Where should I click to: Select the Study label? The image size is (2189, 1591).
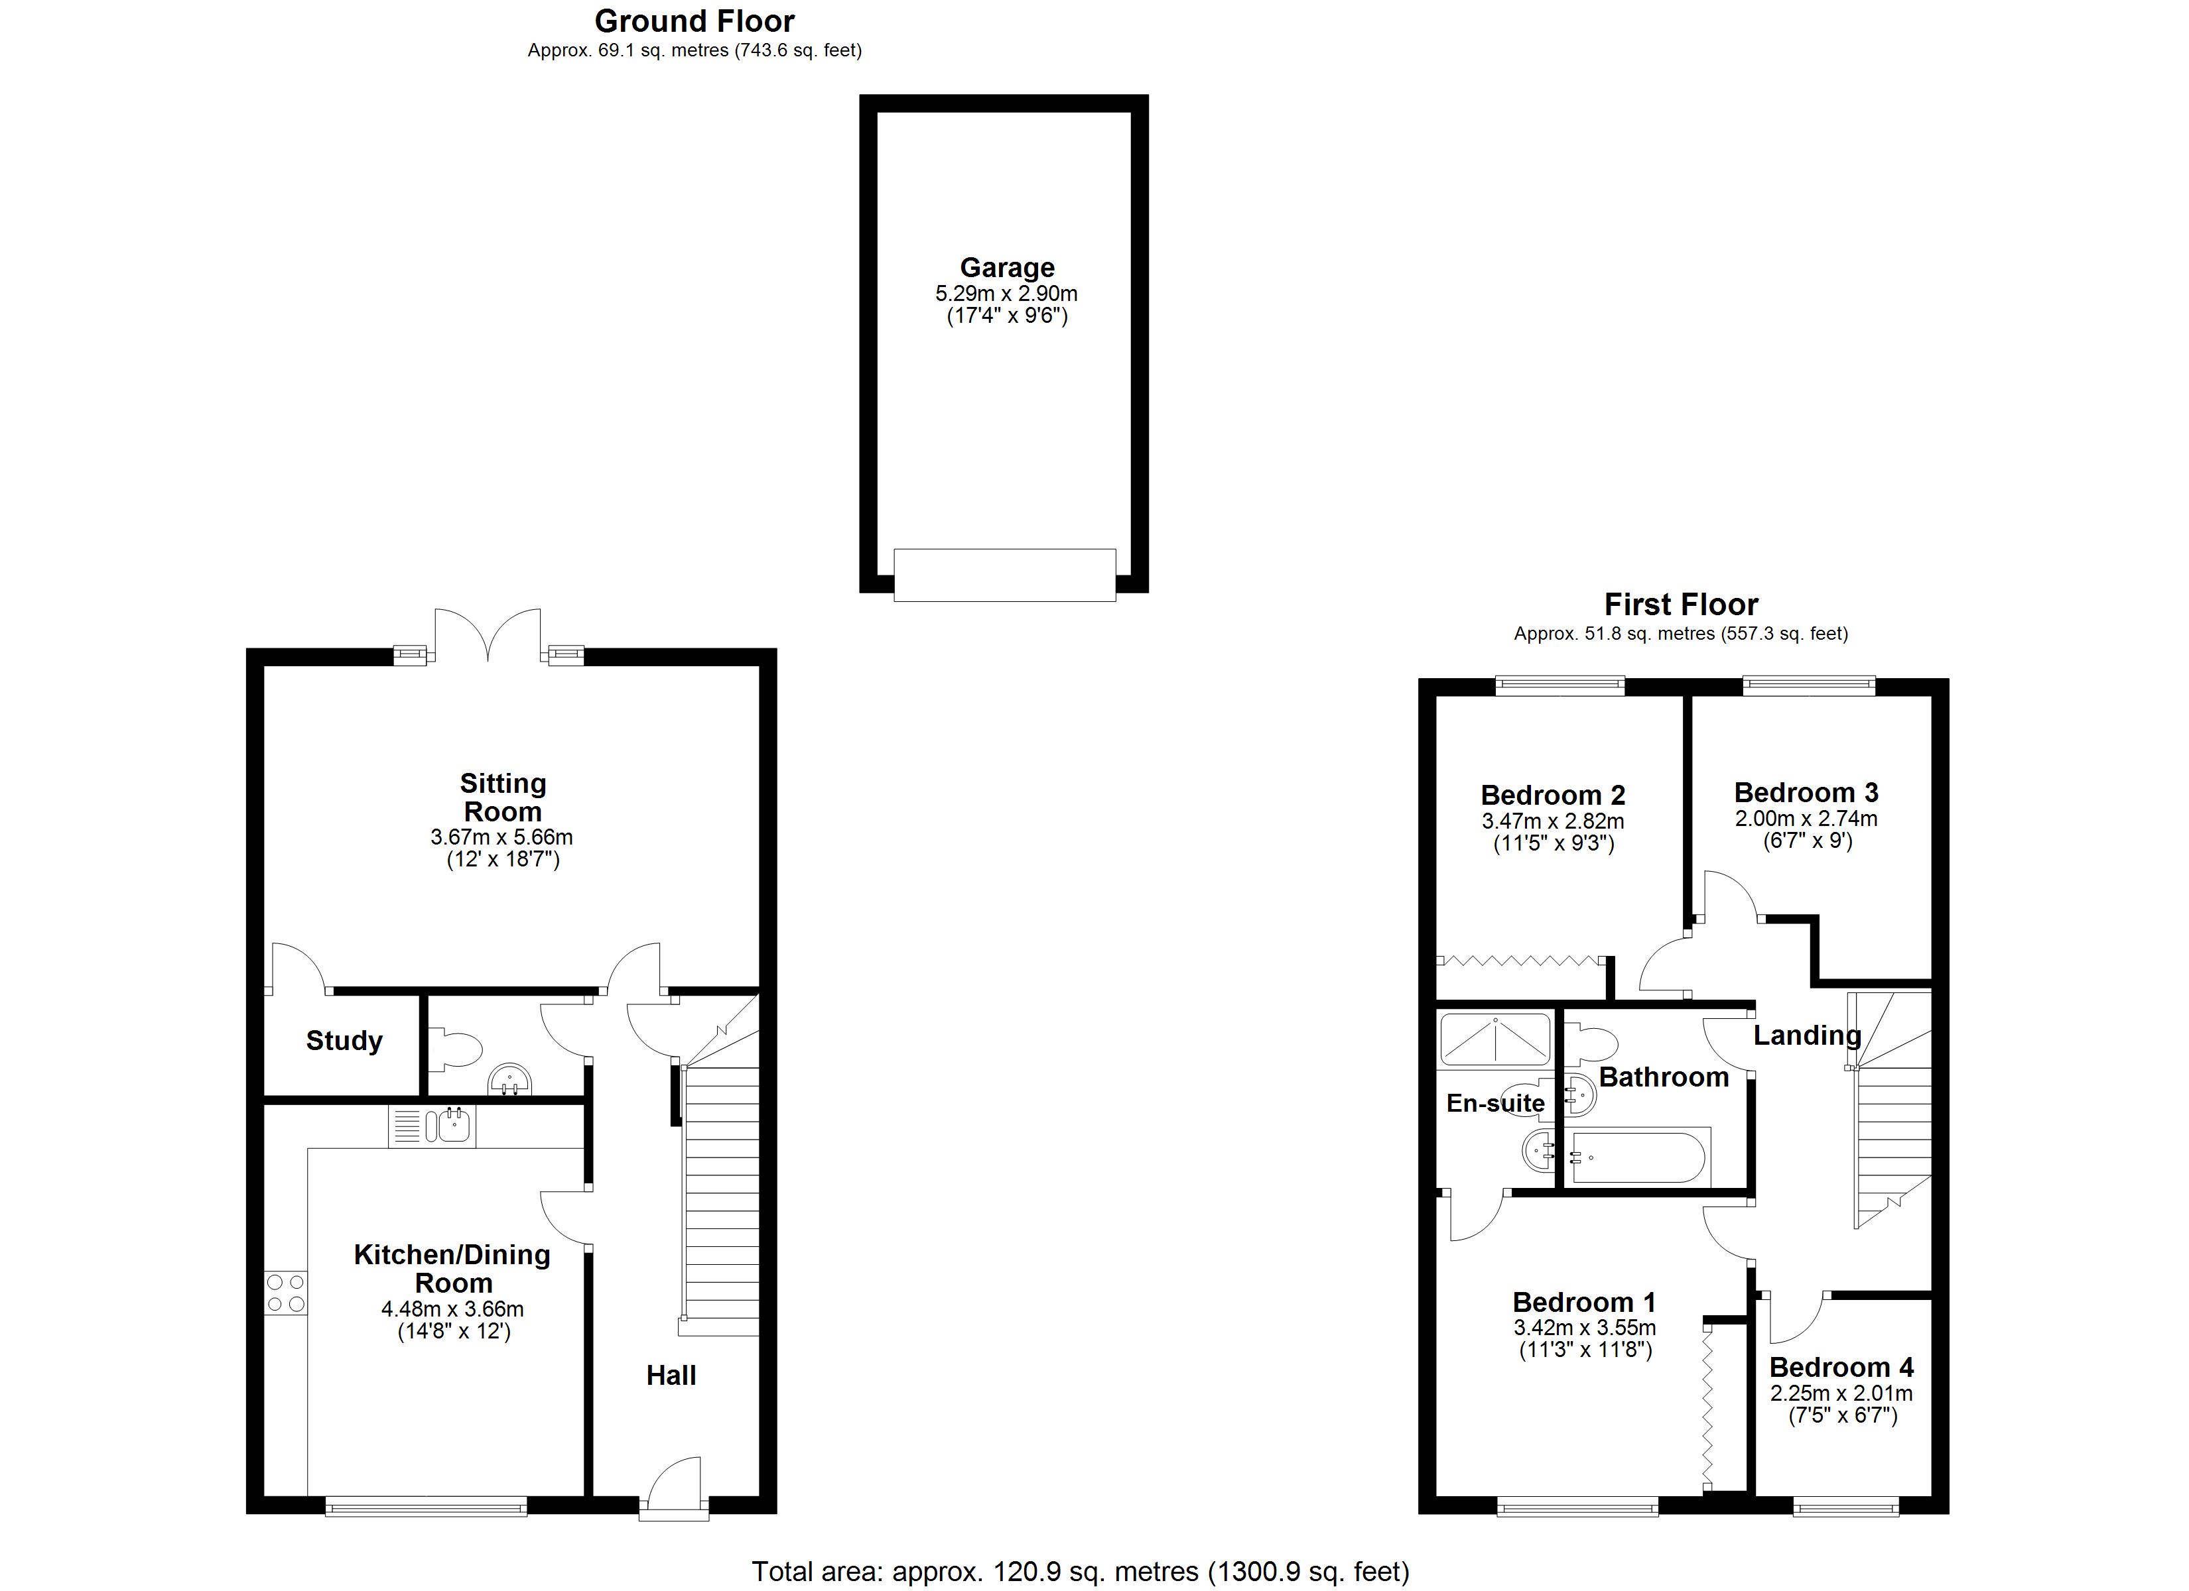pyautogui.click(x=344, y=1041)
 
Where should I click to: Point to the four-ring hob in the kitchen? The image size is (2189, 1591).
pyautogui.click(x=286, y=1293)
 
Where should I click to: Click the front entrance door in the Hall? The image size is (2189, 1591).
pyautogui.click(x=674, y=1491)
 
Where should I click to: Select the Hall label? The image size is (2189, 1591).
pyautogui.click(x=671, y=1376)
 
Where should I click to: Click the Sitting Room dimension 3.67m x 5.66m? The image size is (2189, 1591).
pyautogui.click(x=502, y=837)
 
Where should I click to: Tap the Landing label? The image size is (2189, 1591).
pyautogui.click(x=1807, y=1036)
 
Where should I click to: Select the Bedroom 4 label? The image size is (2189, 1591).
pyautogui.click(x=1841, y=1368)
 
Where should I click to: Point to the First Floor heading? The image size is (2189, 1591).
pyautogui.click(x=1680, y=605)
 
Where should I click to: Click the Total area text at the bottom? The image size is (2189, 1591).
pyautogui.click(x=1080, y=1572)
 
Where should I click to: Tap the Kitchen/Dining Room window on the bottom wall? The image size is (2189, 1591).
pyautogui.click(x=426, y=1506)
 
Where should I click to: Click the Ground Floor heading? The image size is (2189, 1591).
pyautogui.click(x=694, y=21)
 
